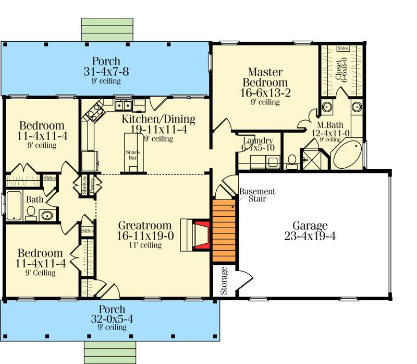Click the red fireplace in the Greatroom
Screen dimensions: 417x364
pyautogui.click(x=202, y=235)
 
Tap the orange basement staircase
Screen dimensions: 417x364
pyautogui.click(x=224, y=230)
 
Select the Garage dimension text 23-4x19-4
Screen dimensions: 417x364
pyautogui.click(x=310, y=236)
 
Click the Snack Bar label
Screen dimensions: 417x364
pyautogui.click(x=133, y=155)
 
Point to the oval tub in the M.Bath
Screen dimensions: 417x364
pyautogui.click(x=347, y=155)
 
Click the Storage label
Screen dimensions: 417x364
pyautogui.click(x=224, y=281)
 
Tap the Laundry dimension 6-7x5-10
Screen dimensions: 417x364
pyautogui.click(x=257, y=148)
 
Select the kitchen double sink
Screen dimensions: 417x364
pyautogui.click(x=124, y=105)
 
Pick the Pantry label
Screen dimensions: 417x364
pyautogui.click(x=92, y=185)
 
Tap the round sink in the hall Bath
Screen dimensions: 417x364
pyautogui.click(x=47, y=215)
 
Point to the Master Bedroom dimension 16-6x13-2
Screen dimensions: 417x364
pyautogui.click(x=265, y=93)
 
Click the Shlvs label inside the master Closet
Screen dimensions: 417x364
pyautogui.click(x=343, y=49)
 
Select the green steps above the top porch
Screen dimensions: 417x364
pyautogui.click(x=107, y=30)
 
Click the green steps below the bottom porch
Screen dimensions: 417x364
pyautogui.click(x=110, y=353)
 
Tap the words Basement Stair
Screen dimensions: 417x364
pyautogui.click(x=257, y=195)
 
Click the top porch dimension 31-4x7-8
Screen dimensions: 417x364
pyautogui.click(x=106, y=72)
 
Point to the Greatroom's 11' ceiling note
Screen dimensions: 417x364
pyautogui.click(x=145, y=245)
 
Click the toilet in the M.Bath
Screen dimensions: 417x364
pyautogui.click(x=292, y=162)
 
